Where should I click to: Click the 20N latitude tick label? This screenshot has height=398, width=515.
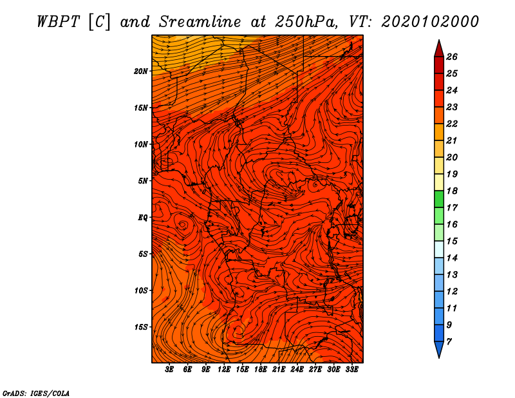141,71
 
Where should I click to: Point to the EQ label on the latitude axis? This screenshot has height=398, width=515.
143,218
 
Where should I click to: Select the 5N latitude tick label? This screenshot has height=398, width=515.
143,181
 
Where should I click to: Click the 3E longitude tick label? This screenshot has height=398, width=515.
169,370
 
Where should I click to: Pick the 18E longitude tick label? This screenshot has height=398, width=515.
261,370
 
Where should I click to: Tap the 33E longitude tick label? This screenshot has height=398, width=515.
351,370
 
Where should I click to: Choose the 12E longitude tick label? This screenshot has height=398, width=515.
224,370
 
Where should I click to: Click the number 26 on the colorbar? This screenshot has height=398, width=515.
452,57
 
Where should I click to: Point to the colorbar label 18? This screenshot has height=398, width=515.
452,191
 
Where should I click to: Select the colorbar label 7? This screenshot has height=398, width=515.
449,342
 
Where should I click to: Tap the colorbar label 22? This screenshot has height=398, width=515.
452,124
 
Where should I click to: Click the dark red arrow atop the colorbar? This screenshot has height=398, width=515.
439,49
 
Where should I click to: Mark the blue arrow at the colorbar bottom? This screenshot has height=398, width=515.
439,349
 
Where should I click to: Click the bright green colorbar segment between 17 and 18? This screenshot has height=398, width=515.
439,199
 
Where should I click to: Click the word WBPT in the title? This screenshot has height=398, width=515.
58,22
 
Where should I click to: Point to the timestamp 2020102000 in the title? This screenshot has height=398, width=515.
430,22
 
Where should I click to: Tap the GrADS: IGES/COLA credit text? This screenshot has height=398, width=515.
36,393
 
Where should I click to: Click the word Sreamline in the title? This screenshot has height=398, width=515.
200,22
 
